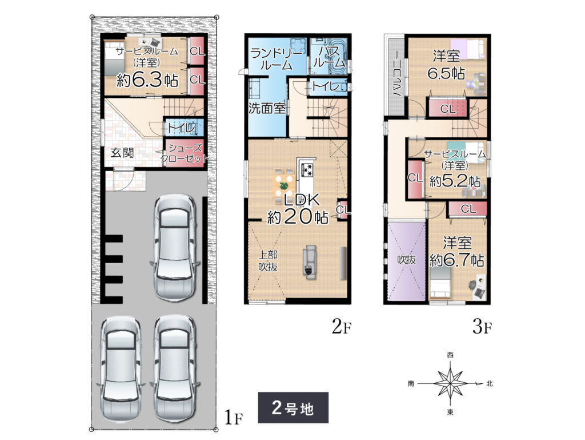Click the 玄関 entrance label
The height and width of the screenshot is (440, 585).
tap(122, 153)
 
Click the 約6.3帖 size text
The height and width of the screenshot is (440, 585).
tap(147, 80)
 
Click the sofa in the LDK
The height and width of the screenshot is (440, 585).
tap(310, 262)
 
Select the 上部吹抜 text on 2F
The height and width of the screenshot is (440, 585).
tap(269, 261)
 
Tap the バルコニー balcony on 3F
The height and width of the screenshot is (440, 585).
tap(395, 75)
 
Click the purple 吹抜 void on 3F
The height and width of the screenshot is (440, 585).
tap(406, 261)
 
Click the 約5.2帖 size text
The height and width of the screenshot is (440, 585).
tap(455, 181)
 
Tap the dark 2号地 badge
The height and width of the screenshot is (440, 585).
tap(293, 407)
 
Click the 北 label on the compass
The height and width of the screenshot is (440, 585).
tap(489, 383)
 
